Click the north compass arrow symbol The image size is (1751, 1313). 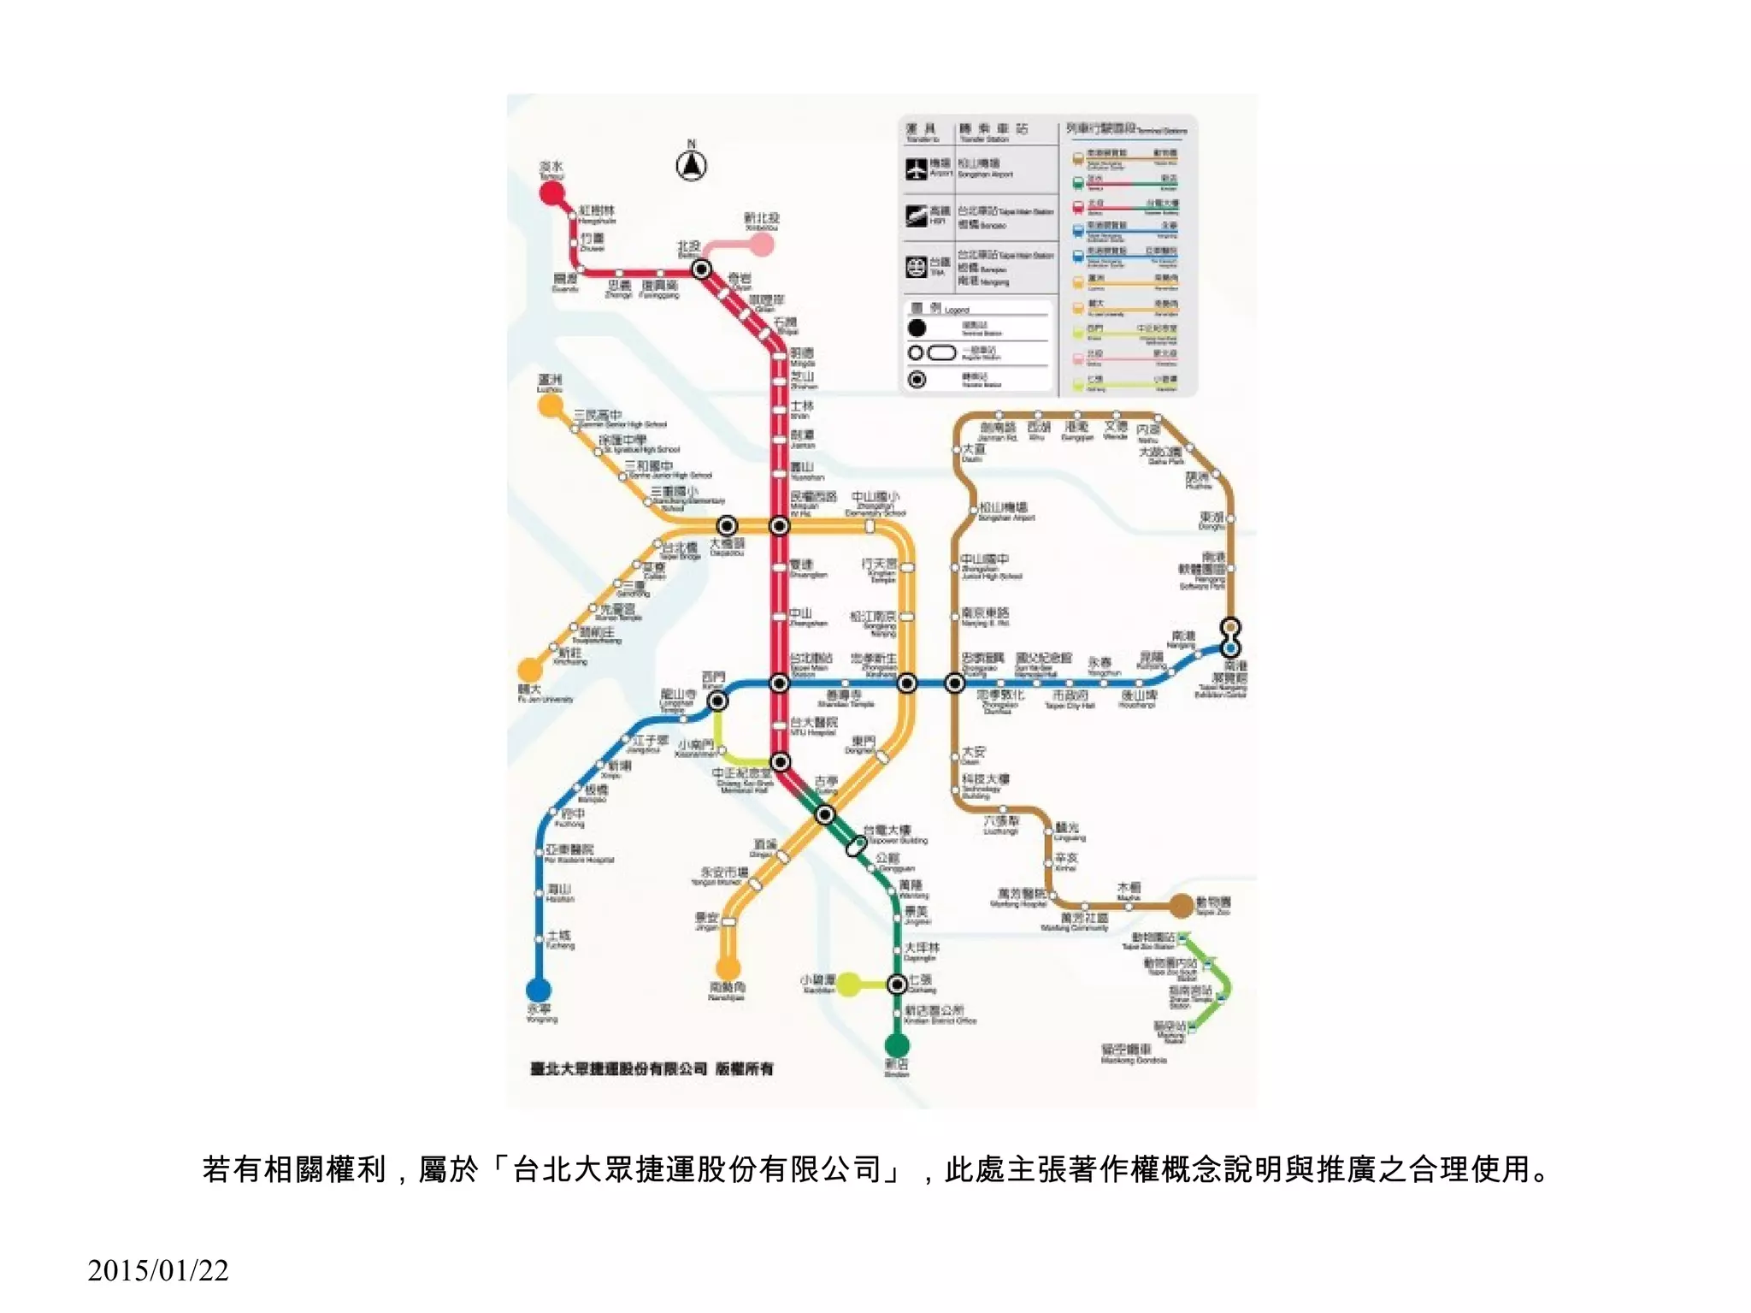pyautogui.click(x=691, y=164)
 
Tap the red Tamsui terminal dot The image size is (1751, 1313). pyautogui.click(x=552, y=192)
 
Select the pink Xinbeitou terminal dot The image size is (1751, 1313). pyautogui.click(x=762, y=245)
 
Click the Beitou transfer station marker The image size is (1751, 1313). pyautogui.click(x=701, y=269)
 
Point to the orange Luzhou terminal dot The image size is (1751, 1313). pyautogui.click(x=550, y=405)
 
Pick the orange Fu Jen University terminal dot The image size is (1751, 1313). pyautogui.click(x=530, y=669)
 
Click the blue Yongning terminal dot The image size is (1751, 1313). pyautogui.click(x=538, y=990)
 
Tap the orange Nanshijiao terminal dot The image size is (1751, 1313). pyautogui.click(x=728, y=968)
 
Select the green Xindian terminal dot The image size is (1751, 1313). pyautogui.click(x=897, y=1044)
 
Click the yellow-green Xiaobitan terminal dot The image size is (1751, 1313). pyautogui.click(x=847, y=985)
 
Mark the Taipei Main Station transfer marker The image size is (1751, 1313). pyautogui.click(x=779, y=683)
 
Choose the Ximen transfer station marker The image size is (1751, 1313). pyautogui.click(x=718, y=701)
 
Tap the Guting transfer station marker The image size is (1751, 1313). pyautogui.click(x=824, y=814)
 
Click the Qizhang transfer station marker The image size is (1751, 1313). pyautogui.click(x=897, y=985)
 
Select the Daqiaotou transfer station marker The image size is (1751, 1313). pyautogui.click(x=727, y=525)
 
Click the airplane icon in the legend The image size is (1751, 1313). pyautogui.click(x=917, y=169)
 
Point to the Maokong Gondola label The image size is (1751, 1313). pyautogui.click(x=1134, y=1054)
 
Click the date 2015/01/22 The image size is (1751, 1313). pyautogui.click(x=158, y=1271)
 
